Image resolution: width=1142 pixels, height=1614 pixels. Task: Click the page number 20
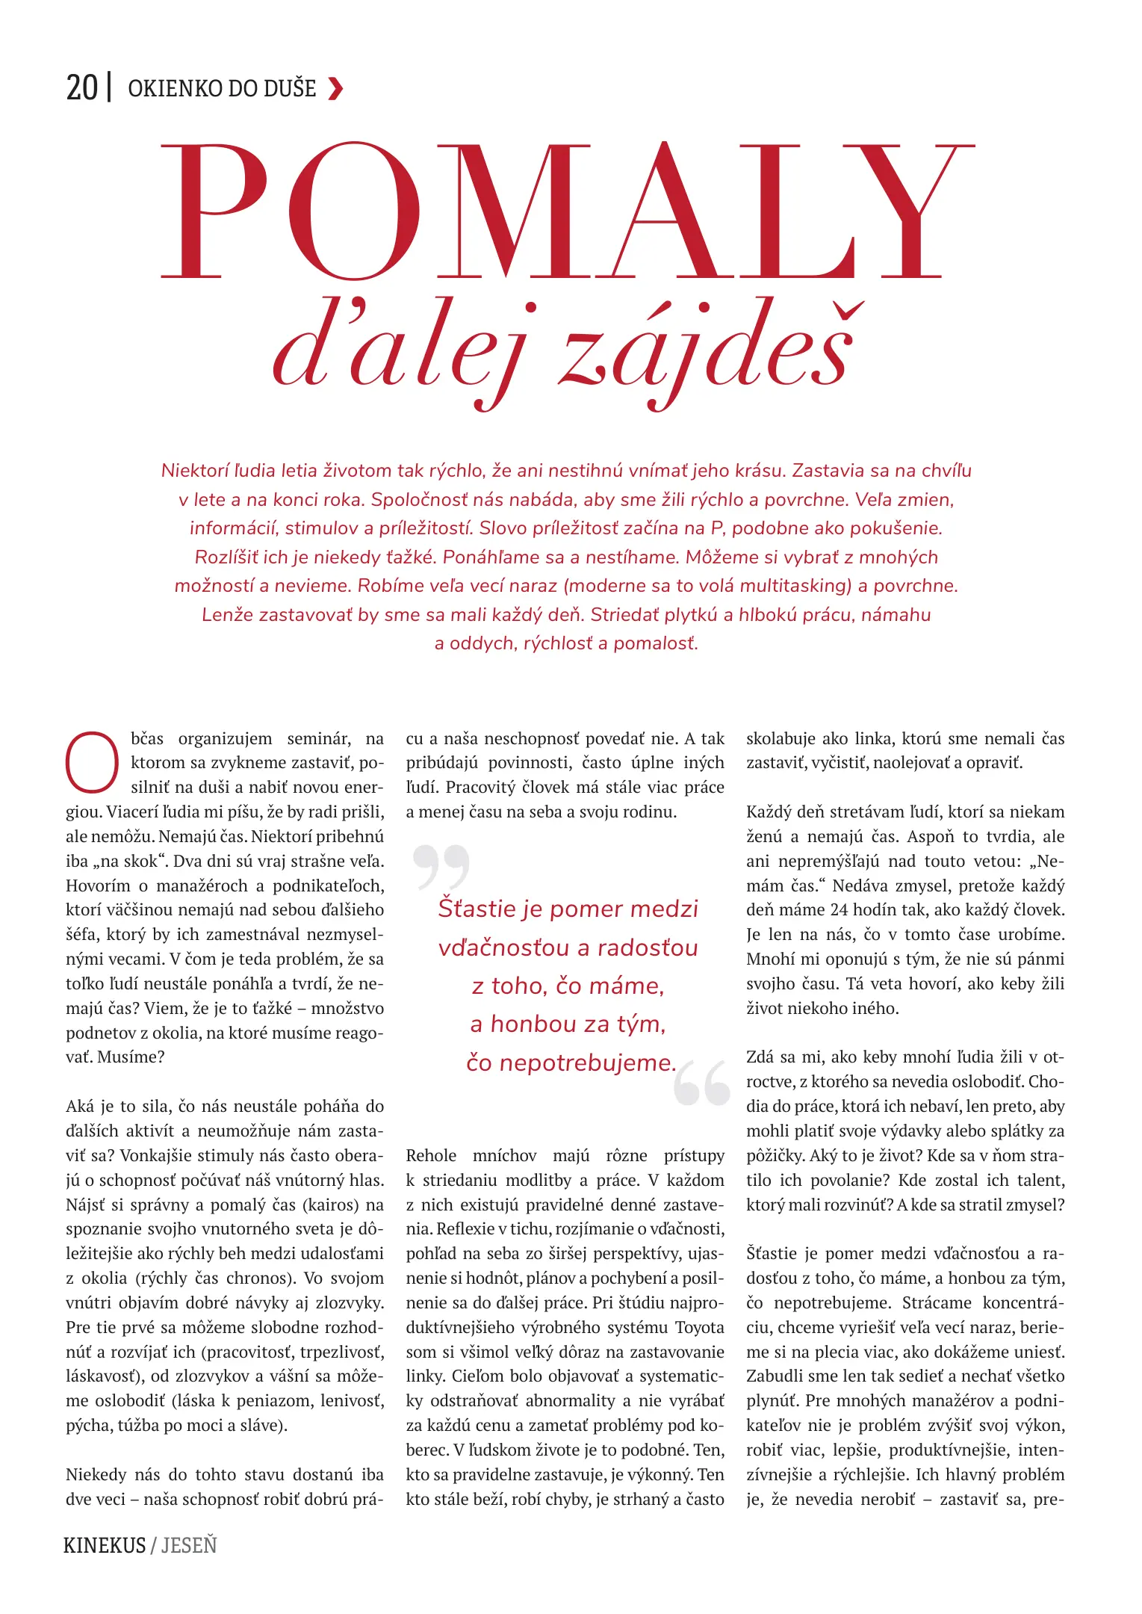tap(82, 88)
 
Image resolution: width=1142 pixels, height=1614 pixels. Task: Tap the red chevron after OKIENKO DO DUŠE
tap(336, 89)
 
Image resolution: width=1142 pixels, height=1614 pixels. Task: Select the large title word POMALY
tap(568, 211)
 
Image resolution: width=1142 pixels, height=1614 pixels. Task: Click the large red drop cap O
tap(92, 763)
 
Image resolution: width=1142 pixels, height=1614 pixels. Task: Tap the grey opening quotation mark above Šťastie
tap(441, 866)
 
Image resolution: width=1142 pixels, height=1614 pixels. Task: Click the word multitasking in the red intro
tap(794, 586)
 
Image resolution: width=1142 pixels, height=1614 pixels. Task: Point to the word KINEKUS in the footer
tap(105, 1546)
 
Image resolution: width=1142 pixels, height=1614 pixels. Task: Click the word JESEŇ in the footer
tap(189, 1546)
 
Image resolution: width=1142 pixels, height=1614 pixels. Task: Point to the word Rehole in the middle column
tap(431, 1156)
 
